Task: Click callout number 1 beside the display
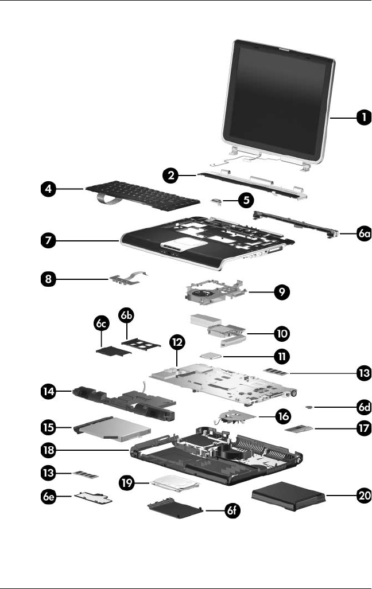(362, 118)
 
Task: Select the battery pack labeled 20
(289, 497)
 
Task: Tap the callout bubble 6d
(362, 406)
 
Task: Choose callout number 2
(169, 177)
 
